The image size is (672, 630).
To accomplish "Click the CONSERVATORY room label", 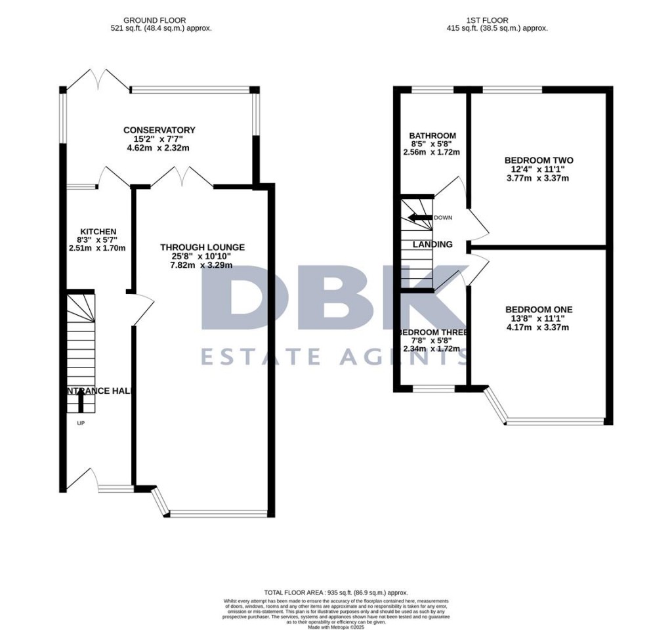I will click(x=160, y=130).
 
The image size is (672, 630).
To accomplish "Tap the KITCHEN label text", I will click(x=98, y=232).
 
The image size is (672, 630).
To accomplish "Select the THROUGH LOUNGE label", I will click(x=202, y=247).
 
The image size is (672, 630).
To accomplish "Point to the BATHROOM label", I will click(x=431, y=136).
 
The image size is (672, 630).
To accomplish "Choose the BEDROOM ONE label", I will click(x=539, y=310).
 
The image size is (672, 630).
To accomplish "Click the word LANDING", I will click(x=432, y=245).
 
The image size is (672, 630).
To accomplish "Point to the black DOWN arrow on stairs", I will click(x=419, y=217).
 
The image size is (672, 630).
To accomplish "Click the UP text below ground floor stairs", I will click(x=81, y=423).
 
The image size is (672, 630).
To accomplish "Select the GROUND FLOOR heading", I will click(x=161, y=20).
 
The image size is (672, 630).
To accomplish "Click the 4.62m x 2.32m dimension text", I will click(x=160, y=148).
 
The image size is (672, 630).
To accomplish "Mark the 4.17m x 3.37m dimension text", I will click(x=539, y=328).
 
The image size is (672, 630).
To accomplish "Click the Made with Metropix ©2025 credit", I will click(x=335, y=626).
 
